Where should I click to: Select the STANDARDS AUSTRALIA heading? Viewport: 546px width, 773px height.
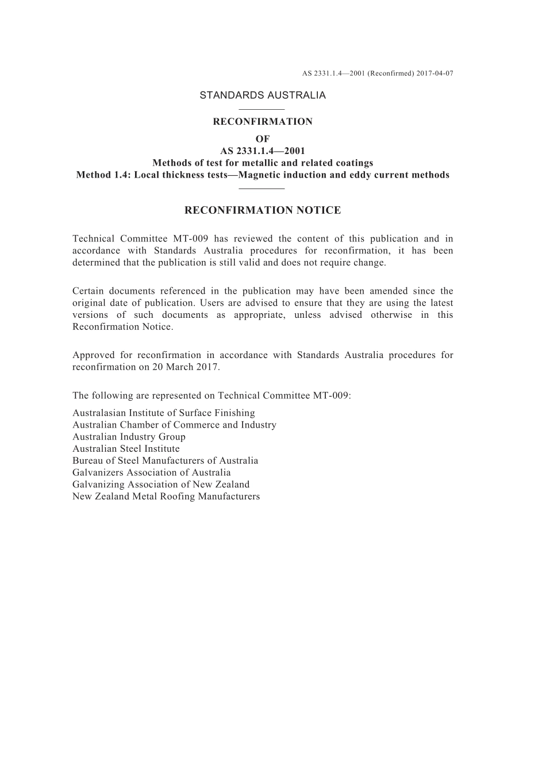(263, 95)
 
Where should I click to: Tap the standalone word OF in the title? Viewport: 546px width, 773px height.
(263, 139)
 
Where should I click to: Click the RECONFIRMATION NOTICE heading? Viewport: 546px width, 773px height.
(263, 210)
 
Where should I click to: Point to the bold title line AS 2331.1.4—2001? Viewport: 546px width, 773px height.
(263, 151)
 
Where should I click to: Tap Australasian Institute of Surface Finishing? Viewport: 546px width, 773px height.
(164, 413)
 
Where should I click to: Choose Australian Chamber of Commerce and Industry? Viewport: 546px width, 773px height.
(174, 425)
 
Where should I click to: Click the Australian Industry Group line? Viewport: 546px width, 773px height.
(129, 437)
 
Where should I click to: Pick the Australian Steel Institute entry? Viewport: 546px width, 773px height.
(126, 449)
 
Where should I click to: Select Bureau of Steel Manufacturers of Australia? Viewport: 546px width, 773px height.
(166, 461)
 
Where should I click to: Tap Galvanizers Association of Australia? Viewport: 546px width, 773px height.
(152, 473)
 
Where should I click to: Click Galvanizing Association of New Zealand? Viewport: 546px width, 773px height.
(161, 484)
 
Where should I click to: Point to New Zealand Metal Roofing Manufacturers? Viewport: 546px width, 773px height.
(166, 497)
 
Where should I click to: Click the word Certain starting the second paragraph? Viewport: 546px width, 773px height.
(87, 291)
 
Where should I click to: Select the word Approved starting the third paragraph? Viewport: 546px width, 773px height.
(92, 355)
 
